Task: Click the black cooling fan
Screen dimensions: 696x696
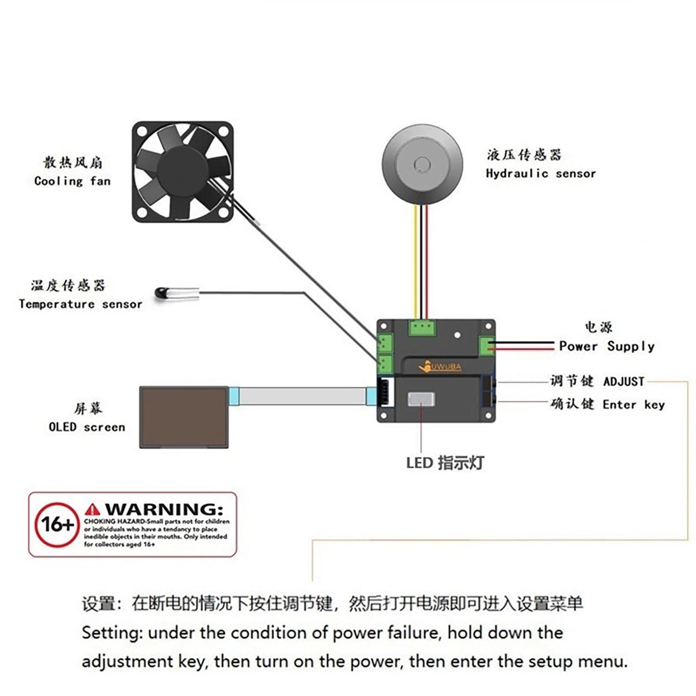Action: tap(183, 171)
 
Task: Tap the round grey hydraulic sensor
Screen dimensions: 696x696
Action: tap(422, 164)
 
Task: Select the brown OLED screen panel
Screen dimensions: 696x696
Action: tap(184, 417)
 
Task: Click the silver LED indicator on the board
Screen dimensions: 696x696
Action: tap(421, 399)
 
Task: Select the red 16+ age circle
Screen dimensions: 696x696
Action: tap(57, 525)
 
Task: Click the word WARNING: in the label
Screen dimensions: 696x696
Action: tap(164, 509)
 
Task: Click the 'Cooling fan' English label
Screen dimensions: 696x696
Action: tap(73, 182)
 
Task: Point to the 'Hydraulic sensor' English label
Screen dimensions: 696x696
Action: tap(540, 173)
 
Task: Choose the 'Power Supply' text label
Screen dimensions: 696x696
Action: tap(607, 346)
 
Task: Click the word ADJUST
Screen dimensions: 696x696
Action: tap(624, 381)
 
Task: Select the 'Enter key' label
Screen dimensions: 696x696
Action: tap(633, 405)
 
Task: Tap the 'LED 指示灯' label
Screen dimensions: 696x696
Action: tap(445, 463)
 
